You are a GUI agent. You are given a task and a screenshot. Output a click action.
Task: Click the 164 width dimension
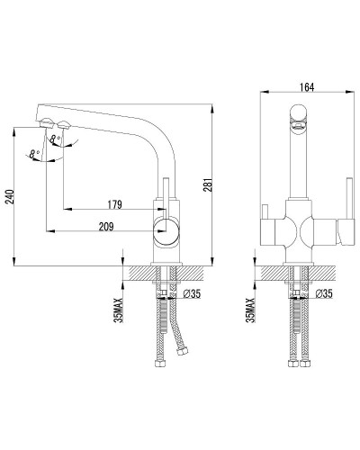coord(307,87)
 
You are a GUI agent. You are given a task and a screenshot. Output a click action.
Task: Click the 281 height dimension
coord(209,184)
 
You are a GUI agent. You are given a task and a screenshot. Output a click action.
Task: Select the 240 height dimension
coord(11,196)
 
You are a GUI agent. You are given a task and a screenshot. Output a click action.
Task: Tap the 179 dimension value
coord(115,204)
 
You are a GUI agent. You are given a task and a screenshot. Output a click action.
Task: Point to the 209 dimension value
coord(106,227)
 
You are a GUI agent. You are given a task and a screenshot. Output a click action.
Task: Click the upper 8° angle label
coord(56,139)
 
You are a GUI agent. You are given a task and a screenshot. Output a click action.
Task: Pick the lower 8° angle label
coord(34,154)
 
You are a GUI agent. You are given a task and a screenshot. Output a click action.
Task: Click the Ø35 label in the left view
coord(192,294)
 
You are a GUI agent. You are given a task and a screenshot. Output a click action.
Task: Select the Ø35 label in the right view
coord(324,294)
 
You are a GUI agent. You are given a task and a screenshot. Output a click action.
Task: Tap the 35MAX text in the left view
coord(119,310)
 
